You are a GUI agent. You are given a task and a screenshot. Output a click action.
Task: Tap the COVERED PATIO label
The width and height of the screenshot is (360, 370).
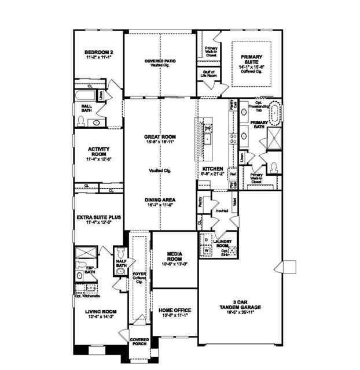pos(160,61)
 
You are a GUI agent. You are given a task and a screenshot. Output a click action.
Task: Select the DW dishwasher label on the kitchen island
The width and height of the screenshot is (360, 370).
pos(207,128)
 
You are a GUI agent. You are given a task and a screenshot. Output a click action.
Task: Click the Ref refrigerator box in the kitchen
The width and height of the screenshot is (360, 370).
pos(233,173)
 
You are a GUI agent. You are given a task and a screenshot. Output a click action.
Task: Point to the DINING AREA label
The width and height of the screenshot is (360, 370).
pos(160,199)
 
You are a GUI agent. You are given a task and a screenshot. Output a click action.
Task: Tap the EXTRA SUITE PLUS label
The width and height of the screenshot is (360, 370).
pos(98,217)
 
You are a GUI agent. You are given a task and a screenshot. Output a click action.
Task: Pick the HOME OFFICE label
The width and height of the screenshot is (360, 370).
pos(175,310)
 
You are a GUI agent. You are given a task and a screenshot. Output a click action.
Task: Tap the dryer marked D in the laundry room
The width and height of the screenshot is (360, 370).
pos(207,238)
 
